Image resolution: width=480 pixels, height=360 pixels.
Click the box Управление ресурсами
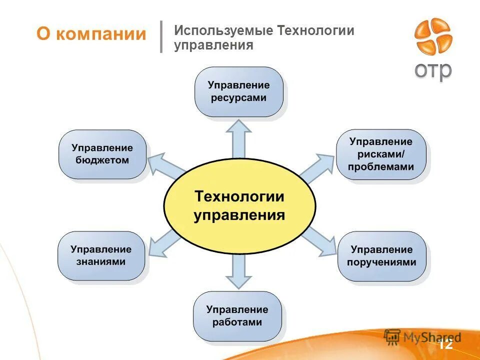click(x=238, y=92)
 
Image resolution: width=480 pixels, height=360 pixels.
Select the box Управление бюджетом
click(x=102, y=154)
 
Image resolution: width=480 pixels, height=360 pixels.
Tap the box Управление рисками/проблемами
click(x=381, y=154)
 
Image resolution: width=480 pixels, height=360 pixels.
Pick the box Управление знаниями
click(x=101, y=255)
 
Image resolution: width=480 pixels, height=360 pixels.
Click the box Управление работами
click(x=237, y=316)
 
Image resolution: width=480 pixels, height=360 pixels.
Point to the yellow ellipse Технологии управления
click(x=239, y=206)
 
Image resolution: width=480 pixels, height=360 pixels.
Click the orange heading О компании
click(x=91, y=34)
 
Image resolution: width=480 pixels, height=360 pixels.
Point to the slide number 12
click(x=445, y=344)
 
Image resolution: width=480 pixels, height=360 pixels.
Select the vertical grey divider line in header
click(x=161, y=36)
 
